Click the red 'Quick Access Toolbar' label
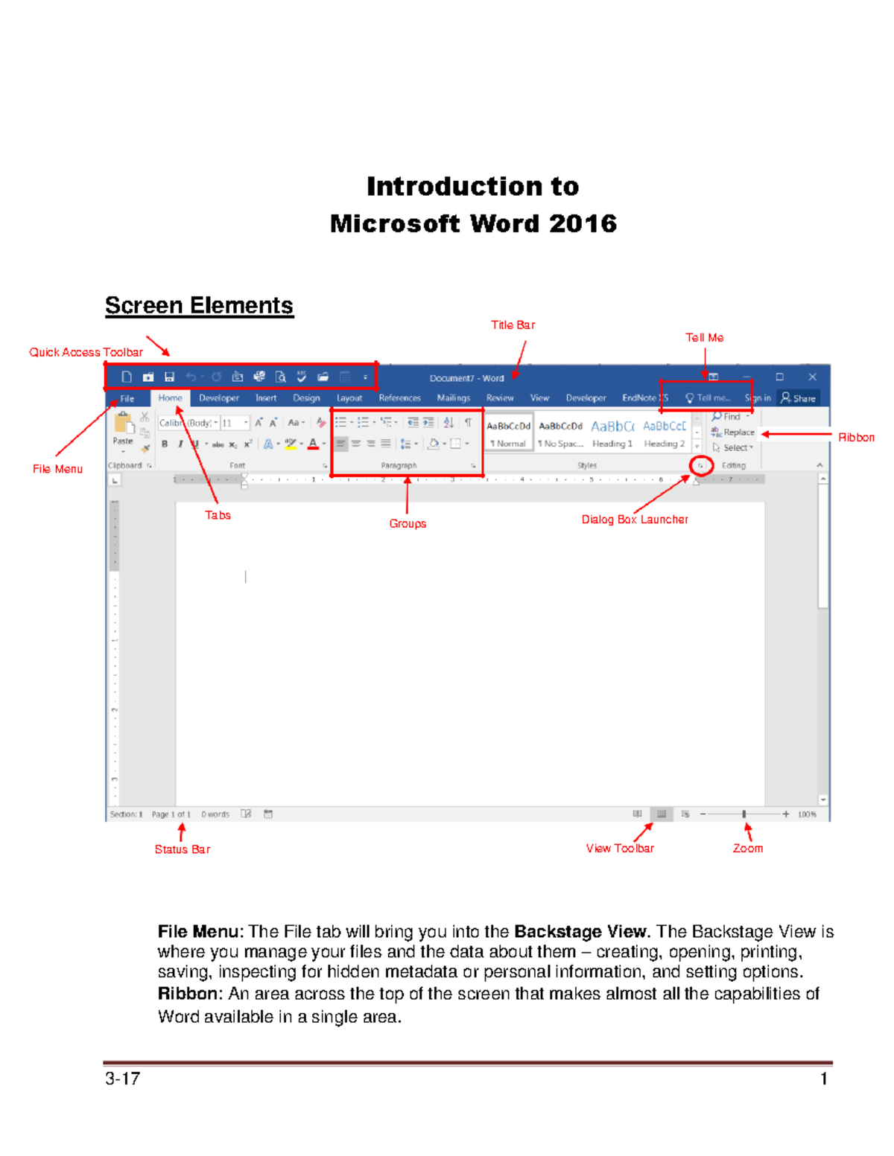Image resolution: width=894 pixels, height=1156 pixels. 86,352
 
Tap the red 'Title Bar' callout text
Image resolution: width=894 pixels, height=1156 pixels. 513,325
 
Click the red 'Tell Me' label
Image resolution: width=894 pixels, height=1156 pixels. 704,337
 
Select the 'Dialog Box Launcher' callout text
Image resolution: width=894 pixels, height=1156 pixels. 634,520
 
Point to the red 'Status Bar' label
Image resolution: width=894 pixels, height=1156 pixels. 182,849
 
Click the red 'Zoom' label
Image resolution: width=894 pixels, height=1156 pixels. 747,849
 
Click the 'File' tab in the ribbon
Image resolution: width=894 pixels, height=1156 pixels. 127,398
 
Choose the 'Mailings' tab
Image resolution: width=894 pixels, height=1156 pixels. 453,398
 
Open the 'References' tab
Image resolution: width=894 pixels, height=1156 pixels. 399,398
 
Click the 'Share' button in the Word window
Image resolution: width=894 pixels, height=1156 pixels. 798,398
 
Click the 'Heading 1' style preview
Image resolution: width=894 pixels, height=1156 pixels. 612,433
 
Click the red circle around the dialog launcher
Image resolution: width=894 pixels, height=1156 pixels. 700,466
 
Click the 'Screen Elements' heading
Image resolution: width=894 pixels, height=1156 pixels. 199,305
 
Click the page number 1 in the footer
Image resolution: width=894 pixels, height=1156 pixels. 824,1079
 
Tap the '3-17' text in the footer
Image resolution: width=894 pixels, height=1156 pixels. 122,1079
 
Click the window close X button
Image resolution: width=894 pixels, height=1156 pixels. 812,377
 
